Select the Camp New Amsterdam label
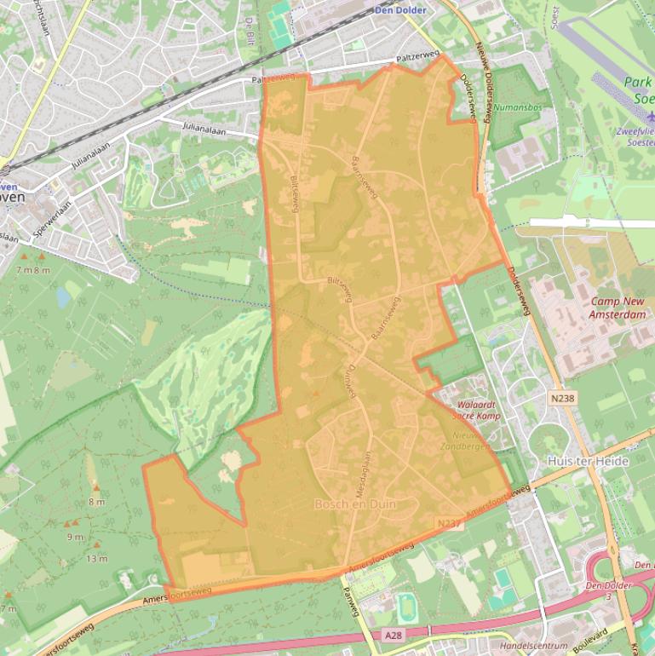pyautogui.click(x=617, y=308)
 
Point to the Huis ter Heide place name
pyautogui.click(x=588, y=461)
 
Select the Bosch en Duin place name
pyautogui.click(x=354, y=504)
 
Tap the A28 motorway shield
pyautogui.click(x=392, y=635)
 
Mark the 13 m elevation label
pyautogui.click(x=96, y=559)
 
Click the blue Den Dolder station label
pyautogui.click(x=400, y=10)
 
